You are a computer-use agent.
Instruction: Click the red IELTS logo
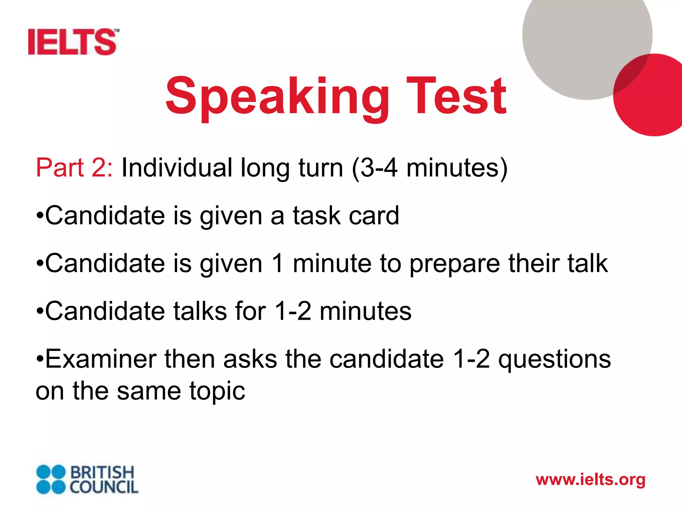pyautogui.click(x=73, y=42)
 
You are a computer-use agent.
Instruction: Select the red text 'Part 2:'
pyautogui.click(x=74, y=167)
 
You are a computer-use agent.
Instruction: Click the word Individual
pyautogui.click(x=177, y=167)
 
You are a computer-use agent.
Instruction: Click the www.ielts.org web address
pyautogui.click(x=590, y=480)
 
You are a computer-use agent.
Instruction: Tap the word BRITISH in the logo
pyautogui.click(x=102, y=472)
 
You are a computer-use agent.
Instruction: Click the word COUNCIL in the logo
pyautogui.click(x=104, y=487)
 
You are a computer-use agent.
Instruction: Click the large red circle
pyautogui.click(x=653, y=100)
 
